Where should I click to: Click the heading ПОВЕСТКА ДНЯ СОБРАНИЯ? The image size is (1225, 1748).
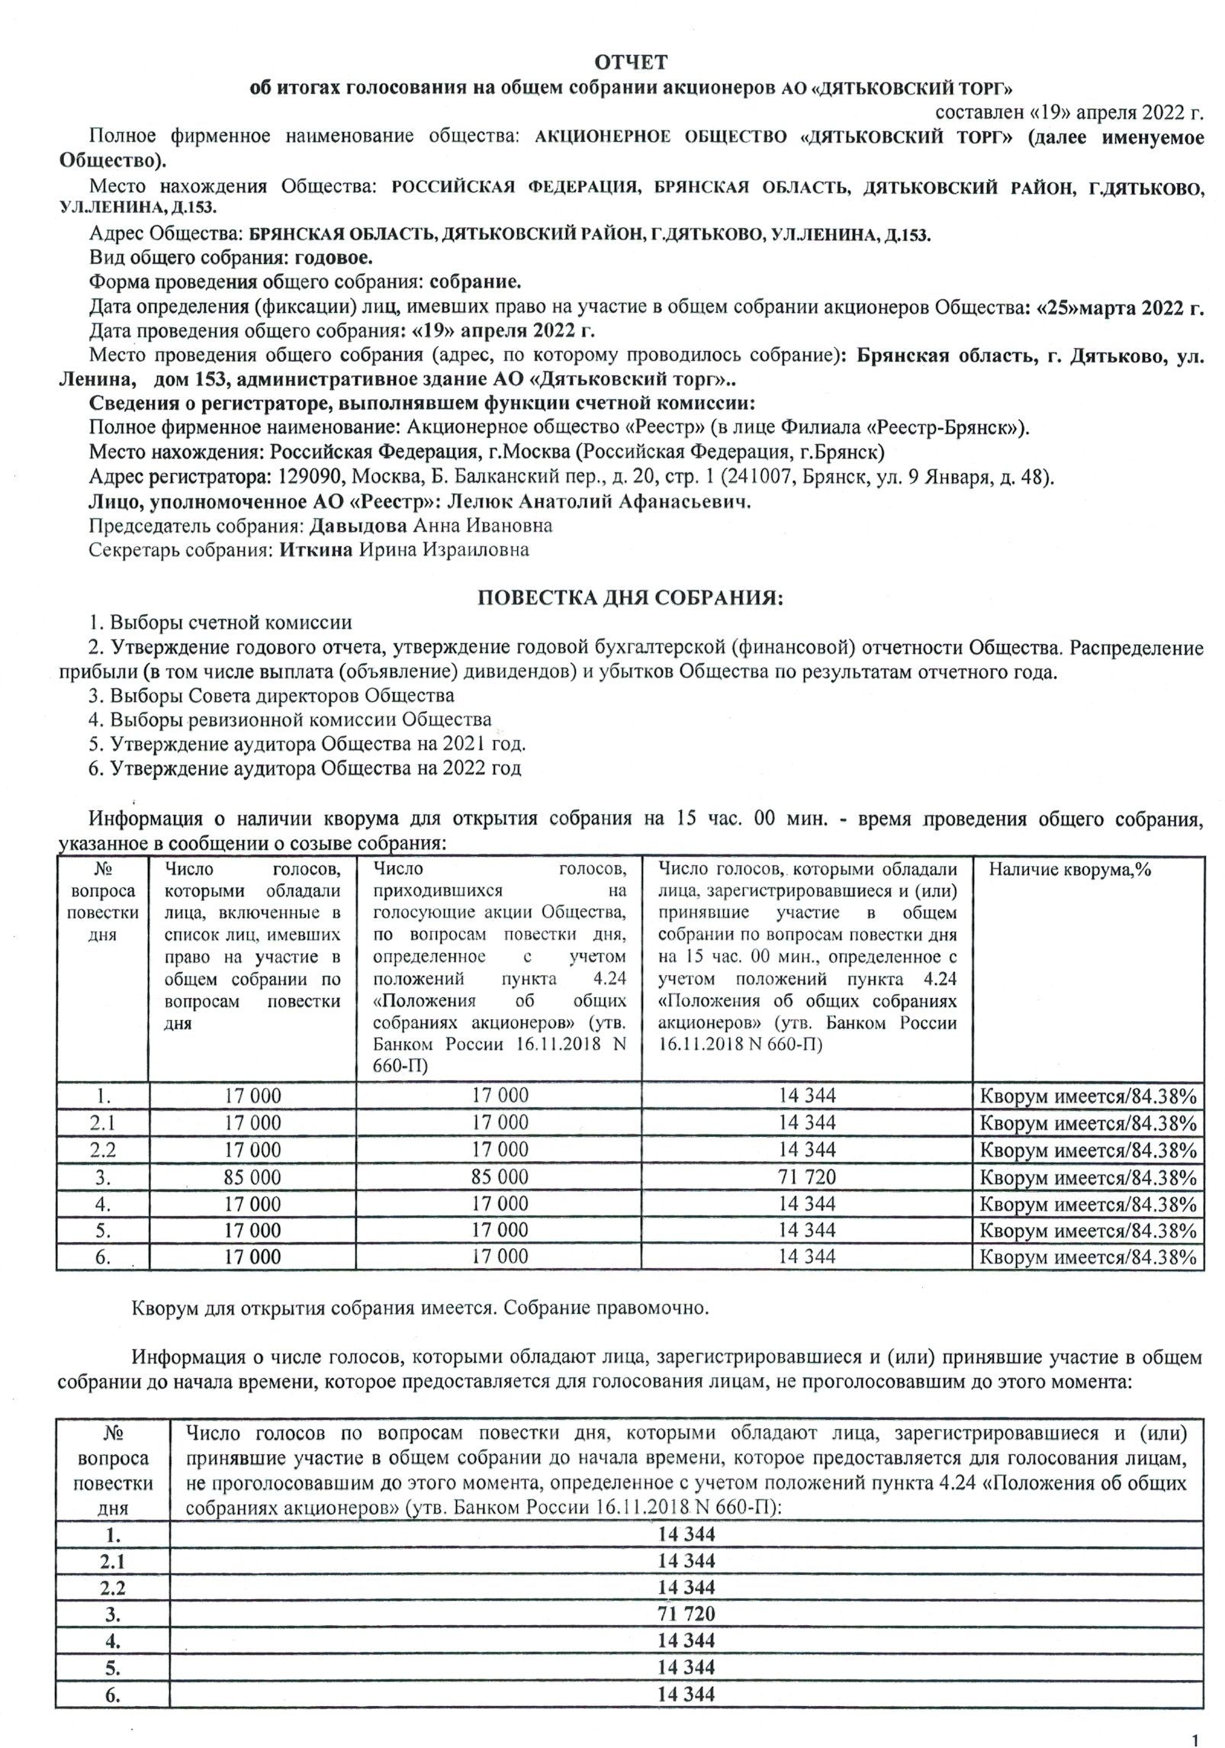tap(630, 598)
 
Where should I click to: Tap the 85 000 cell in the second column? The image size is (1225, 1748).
tap(252, 1177)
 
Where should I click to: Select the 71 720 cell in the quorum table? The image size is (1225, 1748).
tap(807, 1177)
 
